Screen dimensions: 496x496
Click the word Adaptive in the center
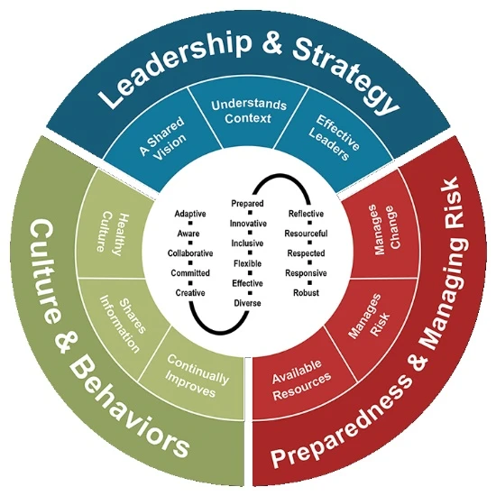coord(190,214)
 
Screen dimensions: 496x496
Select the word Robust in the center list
coord(306,292)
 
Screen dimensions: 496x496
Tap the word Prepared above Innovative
coord(247,204)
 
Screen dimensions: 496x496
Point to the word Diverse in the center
coord(247,303)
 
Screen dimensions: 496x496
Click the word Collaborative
coord(190,253)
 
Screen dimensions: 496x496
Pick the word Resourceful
coord(306,234)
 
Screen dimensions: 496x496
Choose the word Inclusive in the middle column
coord(247,243)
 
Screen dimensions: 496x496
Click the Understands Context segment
coord(249,116)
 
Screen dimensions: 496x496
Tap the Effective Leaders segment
coord(334,138)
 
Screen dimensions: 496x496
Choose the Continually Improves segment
coord(196,376)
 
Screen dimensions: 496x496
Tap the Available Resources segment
coord(302,380)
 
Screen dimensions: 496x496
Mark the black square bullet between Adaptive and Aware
coord(190,224)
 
